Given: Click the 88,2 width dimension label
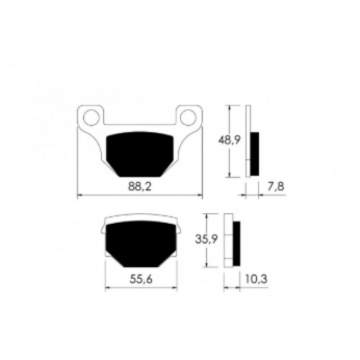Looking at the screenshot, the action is click(140, 186).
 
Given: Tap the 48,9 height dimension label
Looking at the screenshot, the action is click(229, 140).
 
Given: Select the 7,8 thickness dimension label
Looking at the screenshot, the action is click(275, 186).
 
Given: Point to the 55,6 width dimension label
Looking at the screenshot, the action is click(141, 279).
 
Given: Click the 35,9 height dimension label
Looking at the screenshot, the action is click(207, 239).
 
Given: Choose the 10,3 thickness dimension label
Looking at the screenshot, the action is click(256, 279).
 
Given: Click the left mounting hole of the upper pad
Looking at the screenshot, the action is click(91, 117).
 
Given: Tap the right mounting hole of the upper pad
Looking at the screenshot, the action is click(188, 117).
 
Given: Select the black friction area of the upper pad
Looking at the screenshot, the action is click(140, 154).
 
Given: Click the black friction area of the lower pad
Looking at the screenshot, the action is click(141, 244).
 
